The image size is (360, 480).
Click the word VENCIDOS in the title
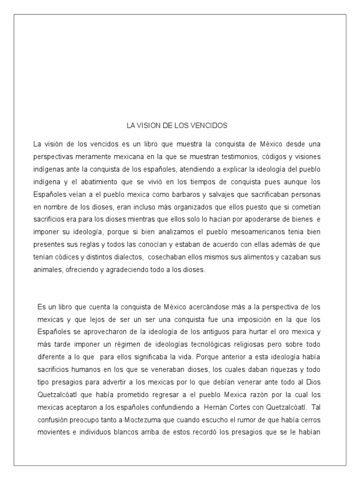pos(210,126)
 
